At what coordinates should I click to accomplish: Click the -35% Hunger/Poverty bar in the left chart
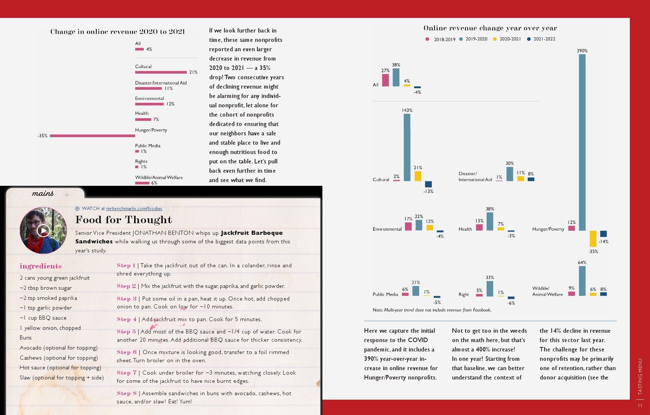click(x=93, y=136)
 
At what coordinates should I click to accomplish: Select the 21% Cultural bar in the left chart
click(x=161, y=72)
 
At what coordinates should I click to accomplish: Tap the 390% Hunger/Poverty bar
click(x=582, y=142)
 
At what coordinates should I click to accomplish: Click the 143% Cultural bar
click(x=407, y=147)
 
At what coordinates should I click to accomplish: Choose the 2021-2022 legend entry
click(x=541, y=39)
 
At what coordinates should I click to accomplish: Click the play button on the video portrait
click(x=43, y=231)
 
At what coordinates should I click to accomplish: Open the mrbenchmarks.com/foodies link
click(x=134, y=209)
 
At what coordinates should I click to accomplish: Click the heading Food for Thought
click(x=124, y=219)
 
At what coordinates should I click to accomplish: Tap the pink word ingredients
click(x=41, y=266)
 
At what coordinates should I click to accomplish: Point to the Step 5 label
click(x=126, y=332)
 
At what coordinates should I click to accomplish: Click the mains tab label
click(x=43, y=193)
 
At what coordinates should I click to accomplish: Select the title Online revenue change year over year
click(x=490, y=28)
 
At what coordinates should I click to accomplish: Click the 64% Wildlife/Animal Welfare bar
click(x=582, y=281)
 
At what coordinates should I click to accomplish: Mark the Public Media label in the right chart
click(x=385, y=295)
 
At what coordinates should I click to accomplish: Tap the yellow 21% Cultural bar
click(x=418, y=176)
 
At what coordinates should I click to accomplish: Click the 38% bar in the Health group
click(x=490, y=221)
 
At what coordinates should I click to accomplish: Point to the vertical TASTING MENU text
click(x=640, y=376)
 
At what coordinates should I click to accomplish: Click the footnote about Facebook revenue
click(x=432, y=310)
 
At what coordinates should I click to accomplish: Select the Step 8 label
click(x=126, y=393)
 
